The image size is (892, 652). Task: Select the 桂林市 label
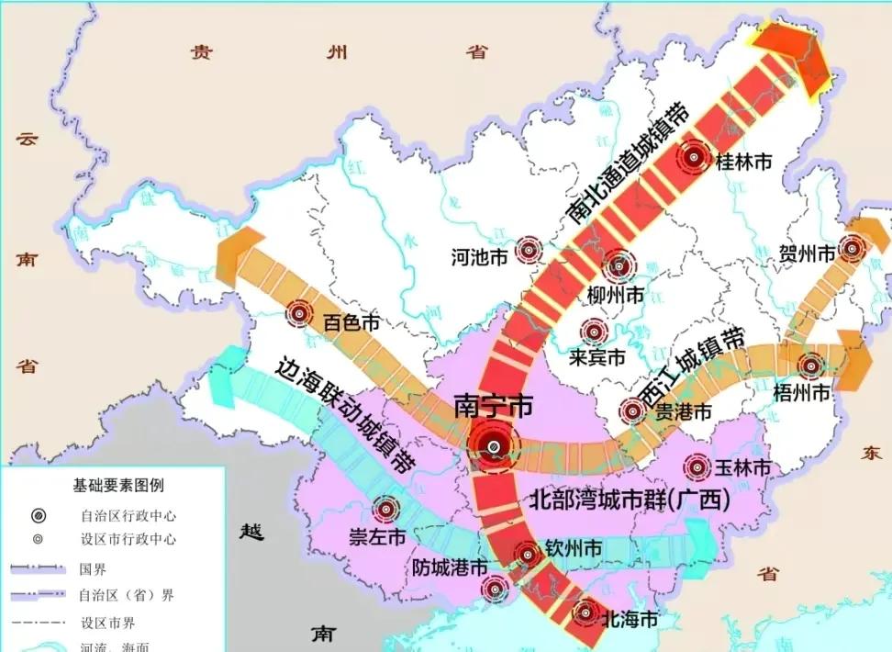[742, 161]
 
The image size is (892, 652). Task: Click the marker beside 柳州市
[619, 266]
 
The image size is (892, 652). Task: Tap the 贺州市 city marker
[853, 247]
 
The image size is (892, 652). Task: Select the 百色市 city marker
[299, 314]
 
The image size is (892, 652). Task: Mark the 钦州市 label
[574, 548]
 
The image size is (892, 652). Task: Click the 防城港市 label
[449, 568]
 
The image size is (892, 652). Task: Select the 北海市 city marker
[585, 613]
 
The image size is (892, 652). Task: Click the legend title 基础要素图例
[119, 484]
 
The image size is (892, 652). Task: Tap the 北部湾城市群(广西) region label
[630, 500]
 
